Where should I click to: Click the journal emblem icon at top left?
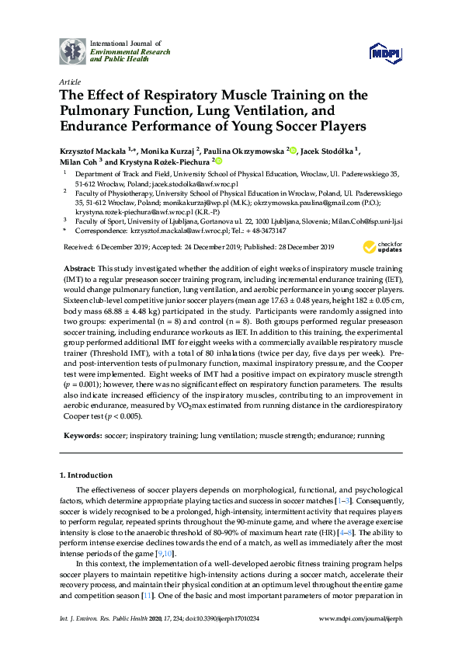(74, 50)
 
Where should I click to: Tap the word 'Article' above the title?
(69, 82)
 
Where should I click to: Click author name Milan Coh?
(78, 162)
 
